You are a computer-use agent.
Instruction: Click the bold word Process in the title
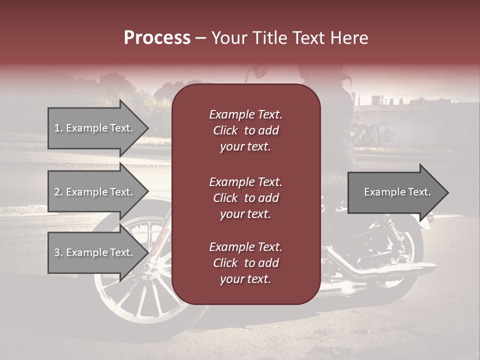tap(157, 38)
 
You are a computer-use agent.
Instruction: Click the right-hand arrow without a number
tap(395, 192)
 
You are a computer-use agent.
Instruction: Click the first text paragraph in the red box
tap(245, 130)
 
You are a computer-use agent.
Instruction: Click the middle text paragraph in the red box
tap(245, 198)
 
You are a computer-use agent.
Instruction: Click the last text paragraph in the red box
tap(245, 263)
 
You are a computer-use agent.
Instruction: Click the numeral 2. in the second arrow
tap(58, 192)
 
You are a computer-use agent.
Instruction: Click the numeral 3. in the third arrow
tap(58, 252)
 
